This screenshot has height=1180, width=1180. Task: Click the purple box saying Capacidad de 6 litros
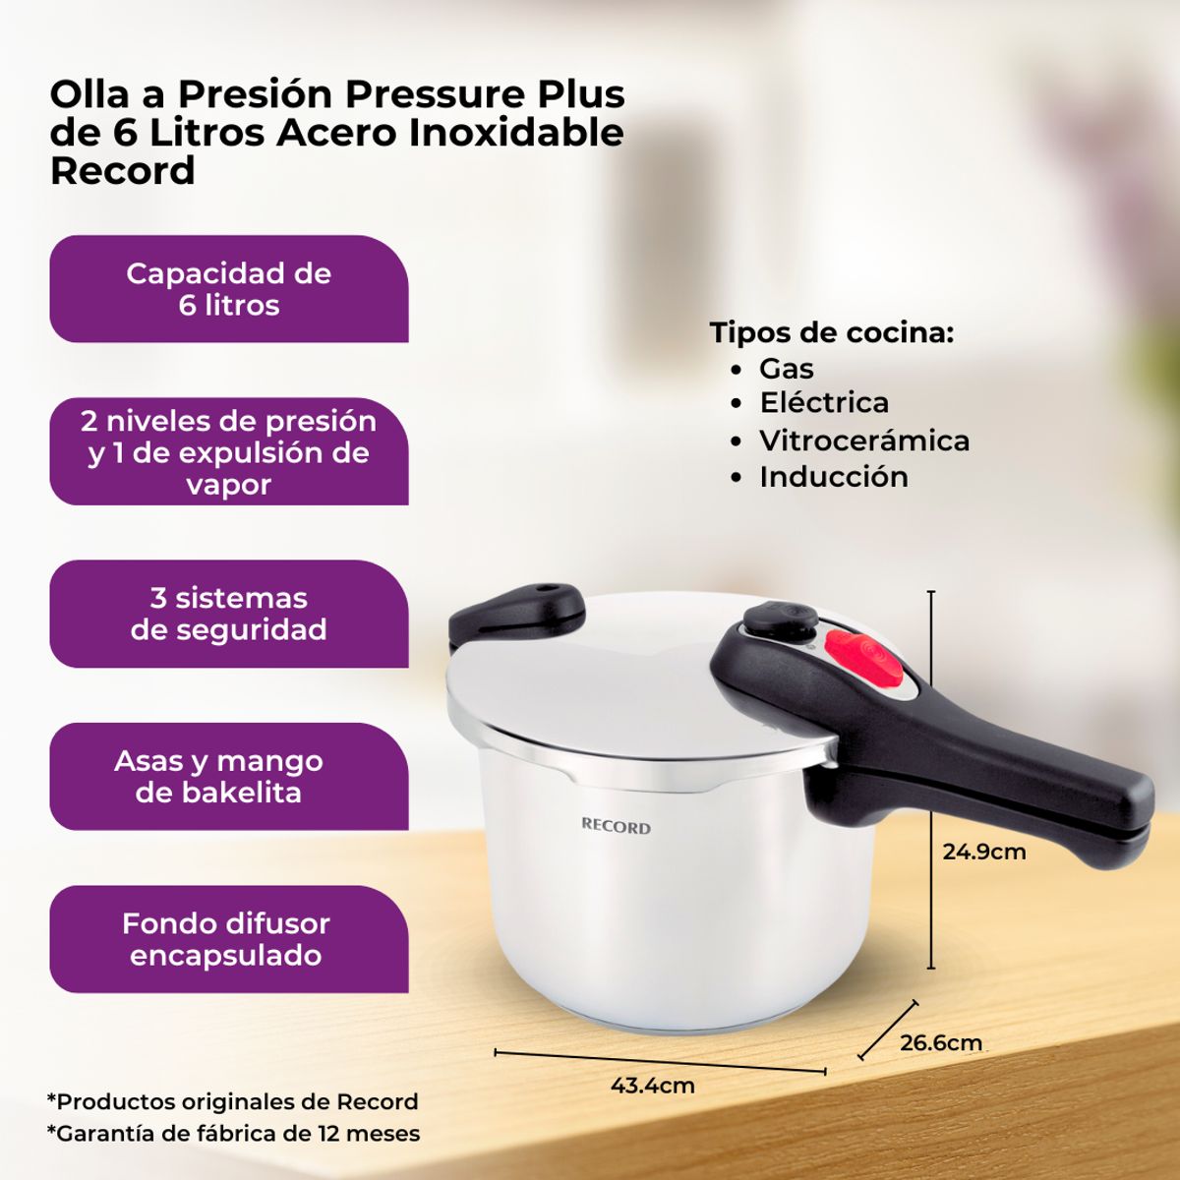[x=228, y=289]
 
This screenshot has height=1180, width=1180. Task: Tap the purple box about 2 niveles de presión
[x=228, y=452]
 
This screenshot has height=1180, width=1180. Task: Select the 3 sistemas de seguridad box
[x=228, y=615]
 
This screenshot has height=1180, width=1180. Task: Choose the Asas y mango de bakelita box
[x=228, y=777]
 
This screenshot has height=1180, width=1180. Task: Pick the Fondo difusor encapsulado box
[x=228, y=939]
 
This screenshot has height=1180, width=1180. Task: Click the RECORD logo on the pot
[x=616, y=827]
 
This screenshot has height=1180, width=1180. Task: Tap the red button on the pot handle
[x=862, y=660]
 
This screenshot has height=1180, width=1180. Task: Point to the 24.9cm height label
[x=983, y=852]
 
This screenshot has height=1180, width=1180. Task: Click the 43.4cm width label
[x=652, y=1086]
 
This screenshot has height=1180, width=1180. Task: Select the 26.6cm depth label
[x=940, y=1042]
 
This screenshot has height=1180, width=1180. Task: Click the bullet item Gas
[x=786, y=369]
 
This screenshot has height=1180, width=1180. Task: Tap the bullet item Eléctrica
[x=823, y=403]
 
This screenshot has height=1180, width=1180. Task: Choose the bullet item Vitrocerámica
[x=863, y=441]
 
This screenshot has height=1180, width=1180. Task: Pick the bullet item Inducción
[x=833, y=477]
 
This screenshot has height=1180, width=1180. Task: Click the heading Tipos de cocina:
[x=832, y=332]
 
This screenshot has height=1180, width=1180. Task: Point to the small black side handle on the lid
[x=517, y=610]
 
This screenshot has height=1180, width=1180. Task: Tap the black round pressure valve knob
[x=780, y=619]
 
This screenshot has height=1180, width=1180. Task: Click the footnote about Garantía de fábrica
[x=234, y=1133]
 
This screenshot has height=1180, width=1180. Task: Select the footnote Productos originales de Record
[x=233, y=1101]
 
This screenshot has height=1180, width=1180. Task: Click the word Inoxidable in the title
[x=516, y=133]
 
